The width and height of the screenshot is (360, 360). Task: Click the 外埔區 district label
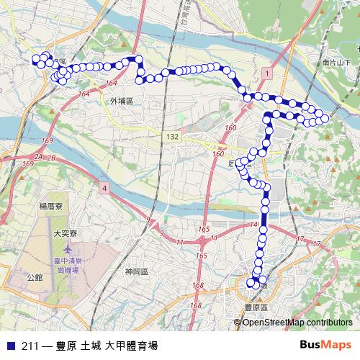point(122,102)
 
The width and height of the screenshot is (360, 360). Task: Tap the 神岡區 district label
point(135,271)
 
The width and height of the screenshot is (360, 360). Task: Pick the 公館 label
point(35,276)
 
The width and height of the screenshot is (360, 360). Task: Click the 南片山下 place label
point(337,63)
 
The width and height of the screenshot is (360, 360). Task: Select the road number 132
point(171,136)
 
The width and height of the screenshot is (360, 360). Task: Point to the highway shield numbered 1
point(266,74)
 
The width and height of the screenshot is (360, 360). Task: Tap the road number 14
point(253,225)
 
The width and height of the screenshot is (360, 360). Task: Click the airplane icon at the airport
point(66,249)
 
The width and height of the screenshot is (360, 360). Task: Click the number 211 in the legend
point(31,345)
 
